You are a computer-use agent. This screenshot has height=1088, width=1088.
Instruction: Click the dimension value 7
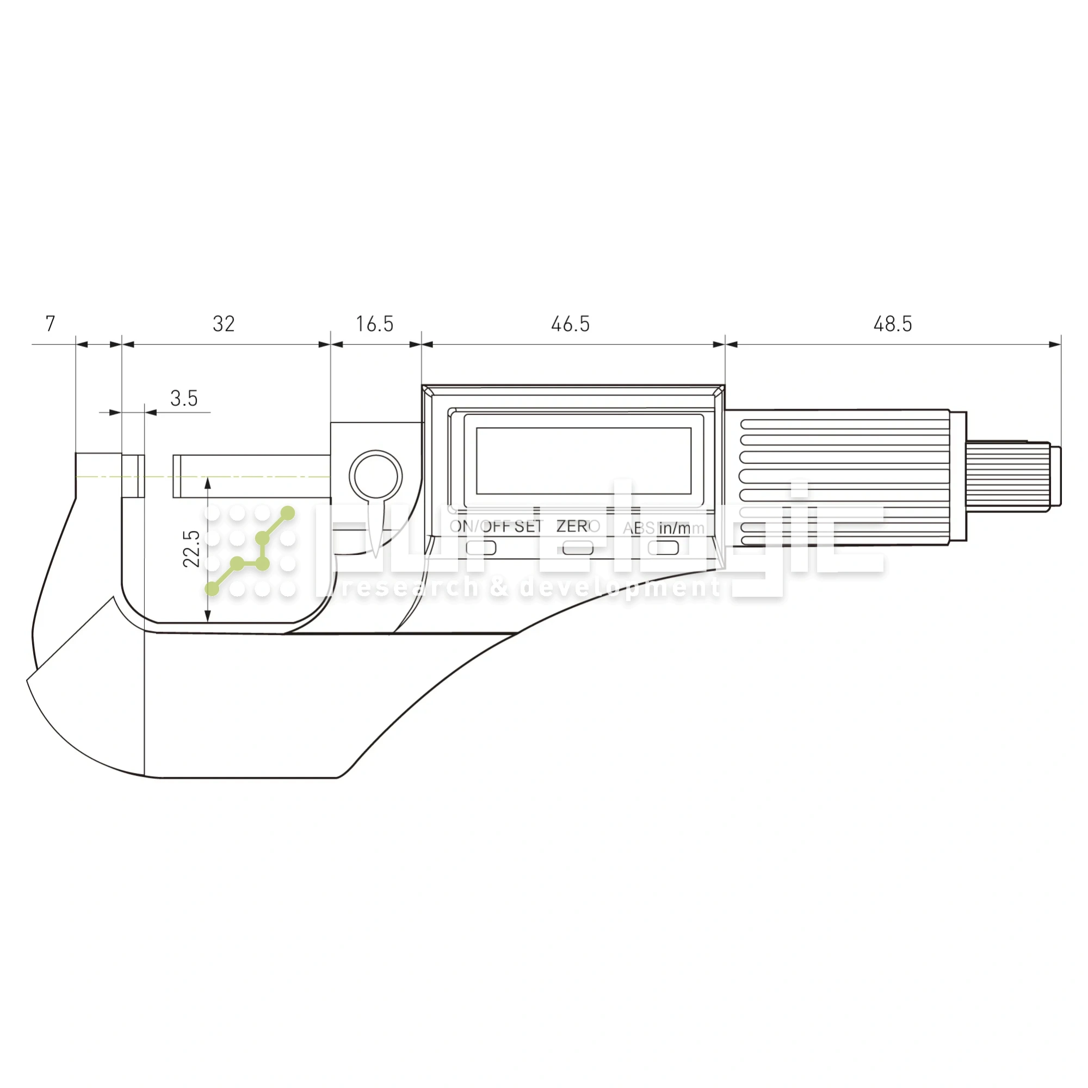pos(50,324)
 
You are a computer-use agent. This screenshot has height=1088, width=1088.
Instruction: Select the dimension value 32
pos(224,324)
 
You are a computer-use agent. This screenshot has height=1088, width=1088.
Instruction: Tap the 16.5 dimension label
pos(374,324)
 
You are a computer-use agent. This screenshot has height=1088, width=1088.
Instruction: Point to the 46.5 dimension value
pos(571,324)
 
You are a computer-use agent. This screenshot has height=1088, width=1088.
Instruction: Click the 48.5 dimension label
pos(893,324)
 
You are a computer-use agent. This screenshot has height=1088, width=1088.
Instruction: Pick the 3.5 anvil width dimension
pos(184,399)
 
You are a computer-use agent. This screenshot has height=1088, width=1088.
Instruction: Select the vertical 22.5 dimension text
pos(192,548)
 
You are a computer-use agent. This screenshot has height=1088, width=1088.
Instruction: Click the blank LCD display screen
pos(583,461)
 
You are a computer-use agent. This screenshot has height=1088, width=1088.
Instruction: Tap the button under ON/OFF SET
pos(481,547)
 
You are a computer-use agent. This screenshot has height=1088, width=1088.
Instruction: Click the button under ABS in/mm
pos(663,547)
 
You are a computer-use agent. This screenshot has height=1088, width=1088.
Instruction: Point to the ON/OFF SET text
pos(496,527)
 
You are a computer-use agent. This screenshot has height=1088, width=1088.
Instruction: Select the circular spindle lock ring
pos(375,477)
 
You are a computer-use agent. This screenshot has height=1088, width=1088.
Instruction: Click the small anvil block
pos(133,477)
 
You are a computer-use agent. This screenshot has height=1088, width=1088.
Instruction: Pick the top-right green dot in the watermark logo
pos(288,512)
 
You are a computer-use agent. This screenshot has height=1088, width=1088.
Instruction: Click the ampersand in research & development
pos(499,588)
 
